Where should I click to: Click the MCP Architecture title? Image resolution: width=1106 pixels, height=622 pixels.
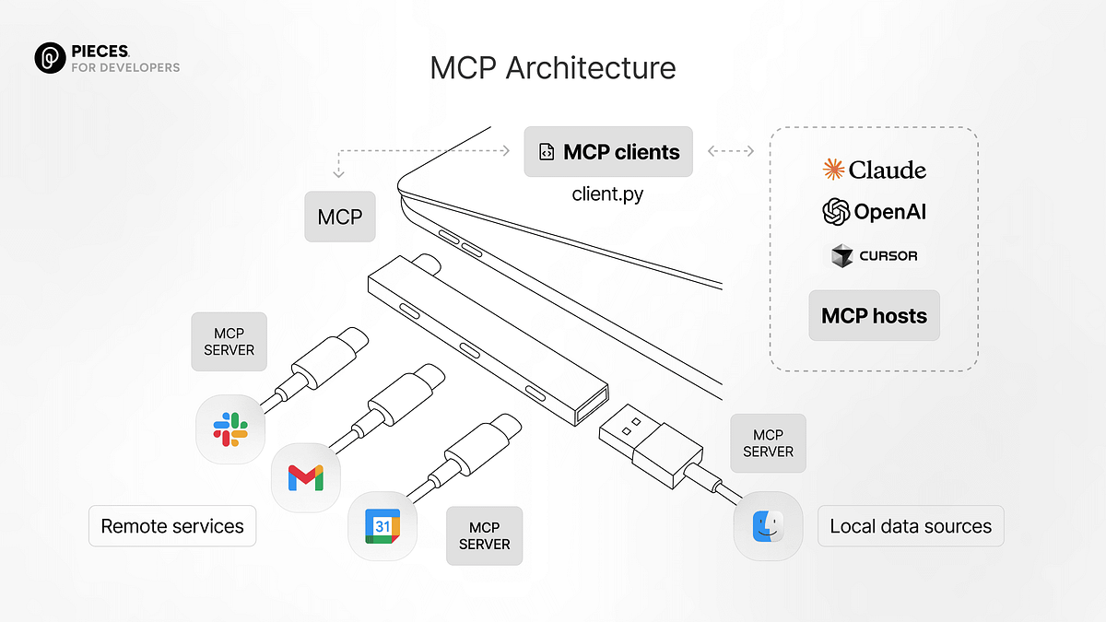553,68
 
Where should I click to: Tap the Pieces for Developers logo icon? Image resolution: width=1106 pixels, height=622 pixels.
49,58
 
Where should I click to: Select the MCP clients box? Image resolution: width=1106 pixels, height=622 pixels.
608,152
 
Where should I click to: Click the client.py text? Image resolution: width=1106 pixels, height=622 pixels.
608,194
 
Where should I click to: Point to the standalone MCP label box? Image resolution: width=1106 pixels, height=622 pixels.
340,217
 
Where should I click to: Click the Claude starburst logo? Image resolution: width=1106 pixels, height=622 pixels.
833,170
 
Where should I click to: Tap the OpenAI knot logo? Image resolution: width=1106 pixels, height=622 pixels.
835,212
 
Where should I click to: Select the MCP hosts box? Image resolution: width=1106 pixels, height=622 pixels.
874,316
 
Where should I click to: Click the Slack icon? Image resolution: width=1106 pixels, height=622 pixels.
230,428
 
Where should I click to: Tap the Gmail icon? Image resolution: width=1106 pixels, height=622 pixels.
306,476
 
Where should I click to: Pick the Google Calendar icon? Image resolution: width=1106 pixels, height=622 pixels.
382,526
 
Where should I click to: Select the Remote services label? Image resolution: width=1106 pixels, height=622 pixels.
172,527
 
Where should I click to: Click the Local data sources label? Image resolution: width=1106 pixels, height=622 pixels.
911,527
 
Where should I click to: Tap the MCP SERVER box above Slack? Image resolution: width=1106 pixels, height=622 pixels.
229,342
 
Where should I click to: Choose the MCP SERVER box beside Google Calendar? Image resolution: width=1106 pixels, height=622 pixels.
484,535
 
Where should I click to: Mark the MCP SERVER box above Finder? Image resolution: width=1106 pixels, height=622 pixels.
768,443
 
